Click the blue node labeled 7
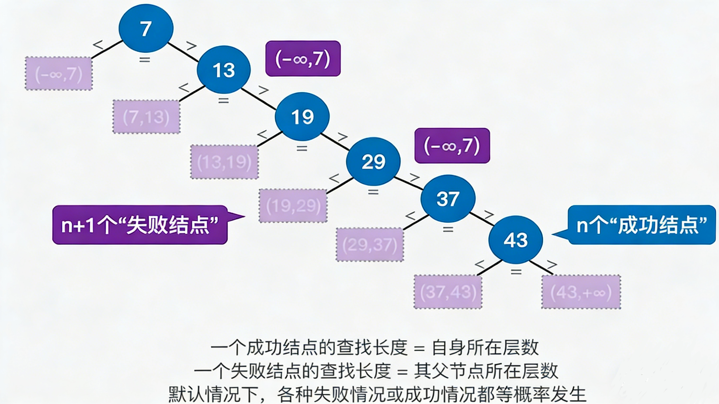(146, 28)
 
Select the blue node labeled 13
(224, 70)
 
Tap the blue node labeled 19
(302, 117)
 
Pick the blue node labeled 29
(373, 162)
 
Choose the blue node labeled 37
(448, 199)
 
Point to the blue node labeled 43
(515, 240)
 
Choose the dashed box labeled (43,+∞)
(581, 292)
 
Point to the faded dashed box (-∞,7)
(59, 74)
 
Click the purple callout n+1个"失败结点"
(140, 225)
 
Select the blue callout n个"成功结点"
(641, 225)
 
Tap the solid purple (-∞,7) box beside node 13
(303, 59)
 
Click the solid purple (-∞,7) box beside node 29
(452, 146)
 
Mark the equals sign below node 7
(145, 59)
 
